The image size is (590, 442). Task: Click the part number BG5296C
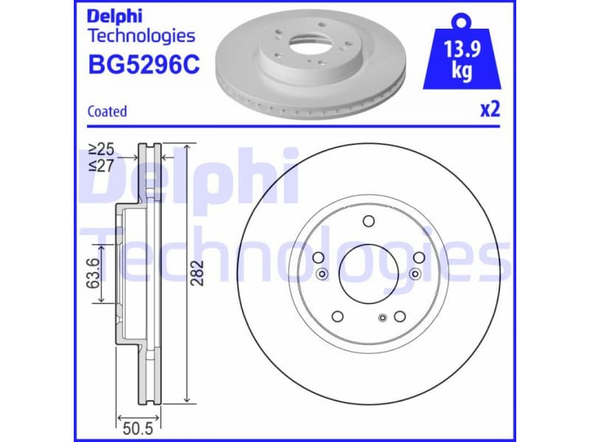143,66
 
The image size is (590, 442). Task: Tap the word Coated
107,111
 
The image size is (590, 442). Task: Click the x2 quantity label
490,110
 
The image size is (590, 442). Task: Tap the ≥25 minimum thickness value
101,150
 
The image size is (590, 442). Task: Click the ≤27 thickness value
101,166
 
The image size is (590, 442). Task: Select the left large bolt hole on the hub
319,258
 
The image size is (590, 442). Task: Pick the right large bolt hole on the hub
419,258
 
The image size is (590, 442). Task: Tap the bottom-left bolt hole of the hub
338,316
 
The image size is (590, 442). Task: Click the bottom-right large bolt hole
400,316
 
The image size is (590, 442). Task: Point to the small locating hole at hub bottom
382,318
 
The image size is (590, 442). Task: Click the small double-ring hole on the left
322,274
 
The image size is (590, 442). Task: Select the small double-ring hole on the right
415,274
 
